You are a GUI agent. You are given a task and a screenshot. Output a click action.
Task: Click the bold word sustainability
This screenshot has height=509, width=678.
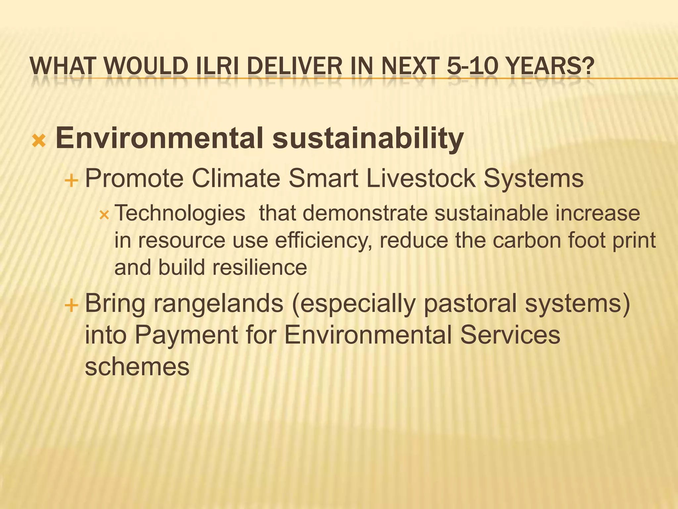point(368,138)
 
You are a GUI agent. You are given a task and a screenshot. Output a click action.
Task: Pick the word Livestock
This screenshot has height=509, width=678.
point(421,178)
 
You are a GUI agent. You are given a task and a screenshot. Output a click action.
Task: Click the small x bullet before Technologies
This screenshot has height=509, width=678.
point(104,216)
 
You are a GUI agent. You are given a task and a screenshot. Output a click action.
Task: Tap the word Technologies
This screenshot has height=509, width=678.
point(180,213)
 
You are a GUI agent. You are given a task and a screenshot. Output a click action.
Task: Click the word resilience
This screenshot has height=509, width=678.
point(260,267)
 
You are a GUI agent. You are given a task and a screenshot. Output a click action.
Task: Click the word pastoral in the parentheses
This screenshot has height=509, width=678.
point(470,304)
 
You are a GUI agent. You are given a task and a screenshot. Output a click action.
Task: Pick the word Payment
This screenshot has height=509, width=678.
point(186,335)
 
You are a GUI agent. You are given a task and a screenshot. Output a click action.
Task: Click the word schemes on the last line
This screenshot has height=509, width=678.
point(137,367)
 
